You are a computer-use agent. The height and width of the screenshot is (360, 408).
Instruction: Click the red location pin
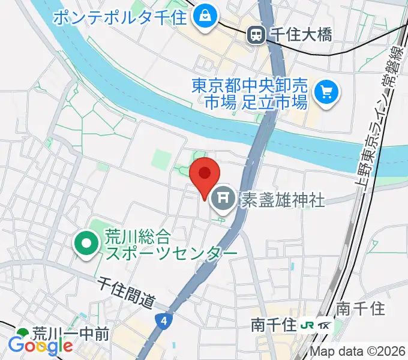[x=204, y=175]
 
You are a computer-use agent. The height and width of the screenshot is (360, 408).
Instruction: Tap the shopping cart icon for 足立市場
[x=327, y=92]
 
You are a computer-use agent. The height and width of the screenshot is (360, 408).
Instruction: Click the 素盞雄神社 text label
[x=283, y=199]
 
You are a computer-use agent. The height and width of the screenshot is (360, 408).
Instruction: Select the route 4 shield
[x=164, y=321]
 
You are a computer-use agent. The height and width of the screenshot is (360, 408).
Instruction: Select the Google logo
[x=40, y=346]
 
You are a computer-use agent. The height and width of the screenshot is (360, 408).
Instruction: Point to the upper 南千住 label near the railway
[x=360, y=308]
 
